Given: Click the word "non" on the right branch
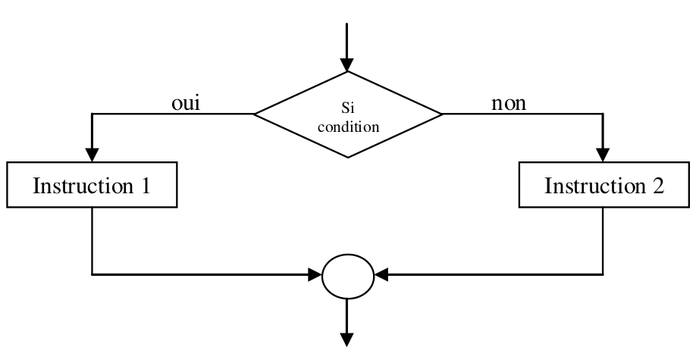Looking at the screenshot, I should tap(509, 103).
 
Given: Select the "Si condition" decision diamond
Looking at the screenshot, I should tap(348, 115).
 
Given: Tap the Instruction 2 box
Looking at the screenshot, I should tap(604, 186).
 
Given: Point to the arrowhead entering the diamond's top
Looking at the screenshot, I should tap(348, 66).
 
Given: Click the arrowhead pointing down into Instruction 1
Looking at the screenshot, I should tap(92, 154).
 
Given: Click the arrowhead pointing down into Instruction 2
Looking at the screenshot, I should tap(604, 154).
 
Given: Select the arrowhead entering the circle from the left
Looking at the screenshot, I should tap(316, 275).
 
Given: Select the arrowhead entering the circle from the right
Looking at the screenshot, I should tap(381, 275).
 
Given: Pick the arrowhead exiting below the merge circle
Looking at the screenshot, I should tap(348, 340).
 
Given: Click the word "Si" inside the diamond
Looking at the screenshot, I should tap(348, 110).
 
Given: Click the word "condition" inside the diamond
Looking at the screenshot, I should tap(348, 127).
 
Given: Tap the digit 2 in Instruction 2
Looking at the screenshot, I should tap(657, 186).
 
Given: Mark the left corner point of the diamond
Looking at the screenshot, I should tap(255, 115).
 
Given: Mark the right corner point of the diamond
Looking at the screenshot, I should tap(442, 115).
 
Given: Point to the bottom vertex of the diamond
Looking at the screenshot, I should tap(348, 158).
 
